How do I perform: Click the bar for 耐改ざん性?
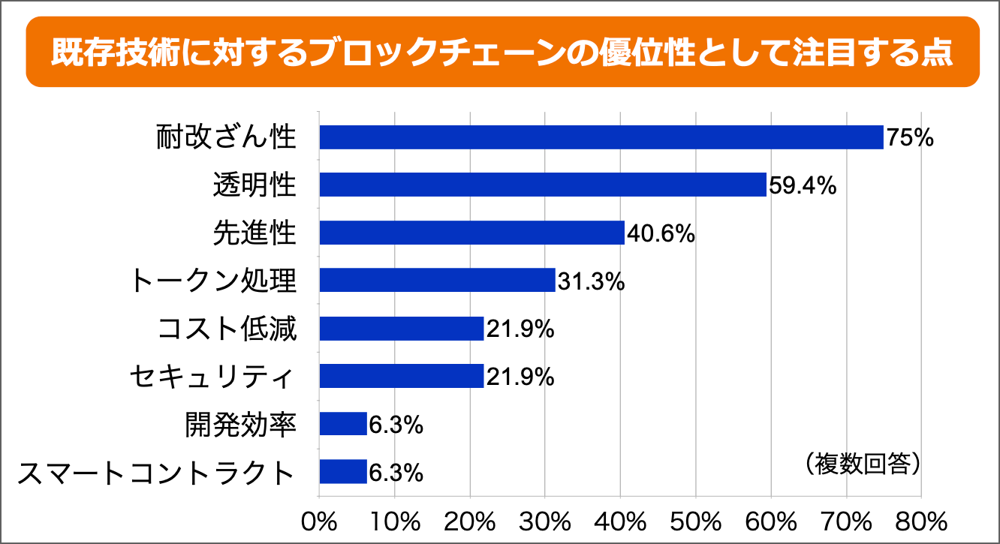pyautogui.click(x=601, y=137)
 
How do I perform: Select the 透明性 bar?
pyautogui.click(x=542, y=185)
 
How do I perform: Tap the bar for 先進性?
pyautogui.click(x=471, y=233)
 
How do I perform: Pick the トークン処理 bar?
pyautogui.click(x=437, y=280)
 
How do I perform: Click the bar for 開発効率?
pyautogui.click(x=343, y=424)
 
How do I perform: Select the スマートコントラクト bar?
pyautogui.click(x=343, y=472)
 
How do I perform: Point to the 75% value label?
pyautogui.click(x=909, y=138)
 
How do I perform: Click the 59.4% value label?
pyautogui.click(x=803, y=185)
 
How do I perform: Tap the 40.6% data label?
pyautogui.click(x=661, y=233)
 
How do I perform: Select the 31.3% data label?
pyautogui.click(x=590, y=281)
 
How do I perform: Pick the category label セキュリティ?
pyautogui.click(x=211, y=377)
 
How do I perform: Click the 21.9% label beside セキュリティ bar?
pyautogui.click(x=520, y=377)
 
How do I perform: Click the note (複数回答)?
pyautogui.click(x=862, y=463)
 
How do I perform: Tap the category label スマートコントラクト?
pyautogui.click(x=155, y=473)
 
